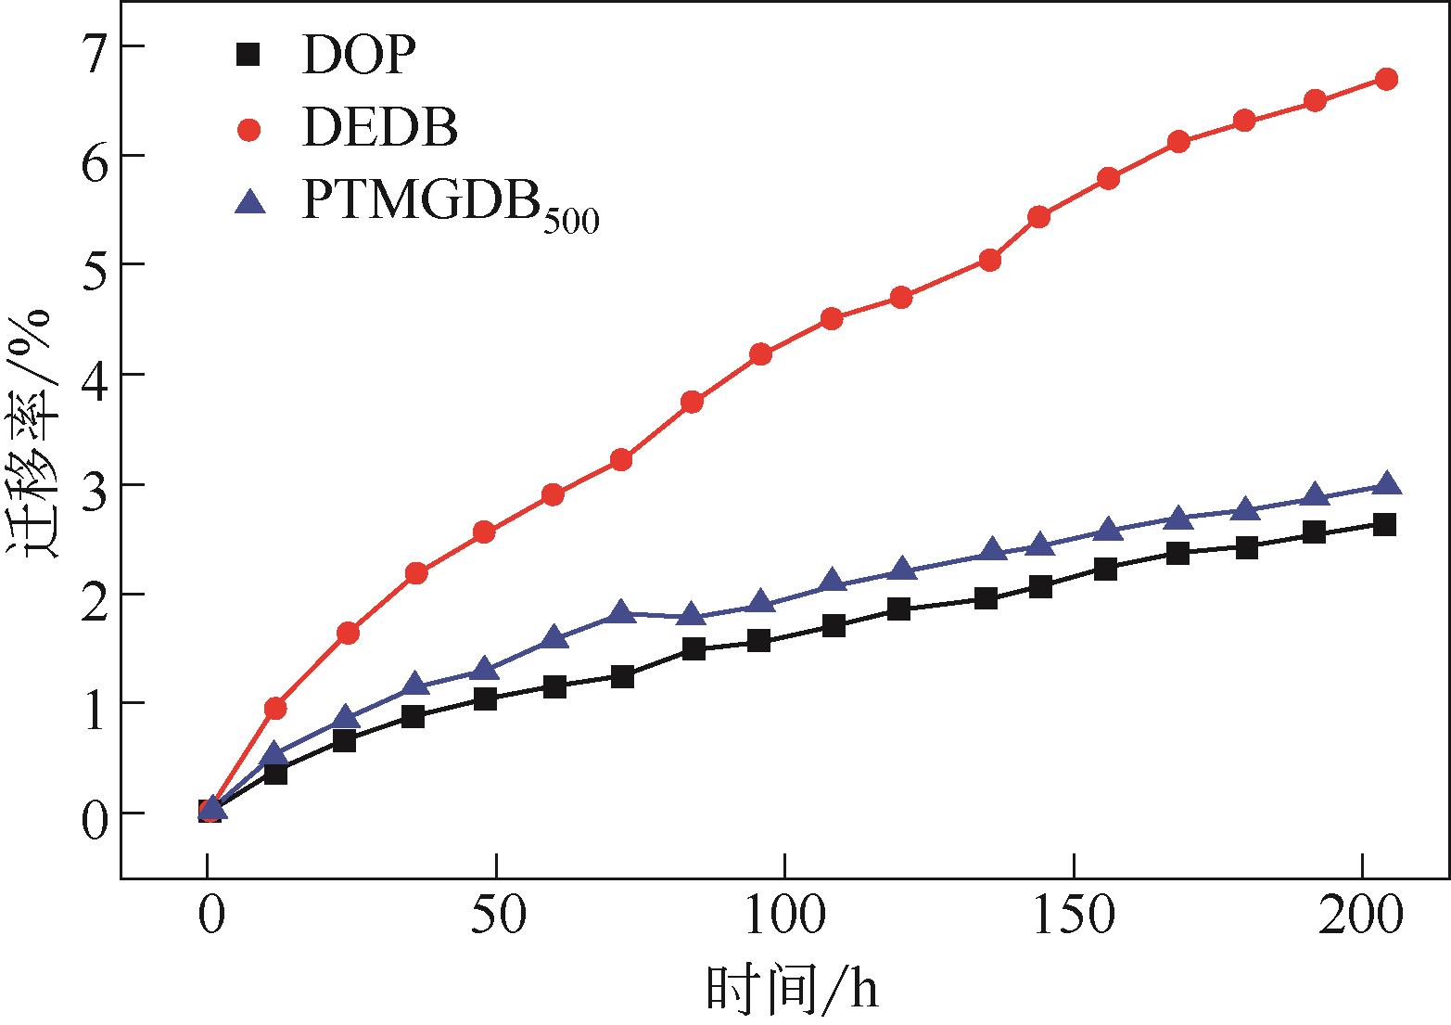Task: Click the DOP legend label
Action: (354, 57)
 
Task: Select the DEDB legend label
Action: (379, 128)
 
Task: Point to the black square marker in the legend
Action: (248, 57)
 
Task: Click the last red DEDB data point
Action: (1386, 79)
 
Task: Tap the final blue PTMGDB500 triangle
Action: (1386, 485)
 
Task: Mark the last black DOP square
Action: (1385, 525)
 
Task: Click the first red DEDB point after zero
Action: (275, 709)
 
